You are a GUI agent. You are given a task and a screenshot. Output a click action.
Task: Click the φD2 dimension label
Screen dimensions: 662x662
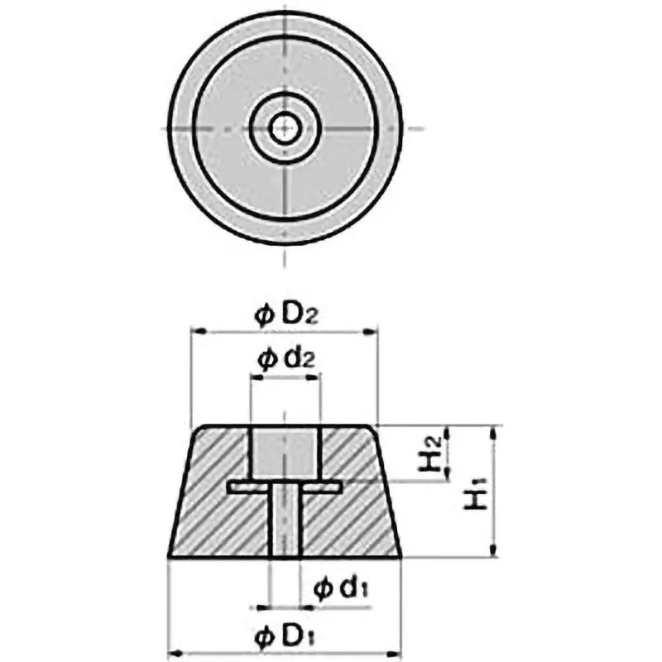[x=285, y=314]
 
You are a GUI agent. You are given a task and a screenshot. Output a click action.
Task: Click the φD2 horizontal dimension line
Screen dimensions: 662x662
[x=285, y=333]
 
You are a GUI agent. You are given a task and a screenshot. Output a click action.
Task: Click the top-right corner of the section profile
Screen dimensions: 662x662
[x=377, y=427]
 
